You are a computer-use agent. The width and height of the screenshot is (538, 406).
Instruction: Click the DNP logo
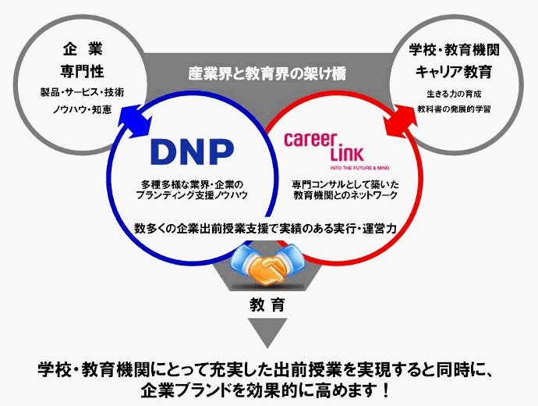click(191, 150)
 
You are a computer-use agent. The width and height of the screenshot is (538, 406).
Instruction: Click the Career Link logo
click(321, 145)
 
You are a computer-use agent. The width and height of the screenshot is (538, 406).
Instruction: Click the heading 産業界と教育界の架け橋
click(267, 73)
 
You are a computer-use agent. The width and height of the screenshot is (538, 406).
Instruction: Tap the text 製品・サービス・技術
click(82, 92)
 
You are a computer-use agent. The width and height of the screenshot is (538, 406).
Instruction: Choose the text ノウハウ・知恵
click(82, 110)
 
